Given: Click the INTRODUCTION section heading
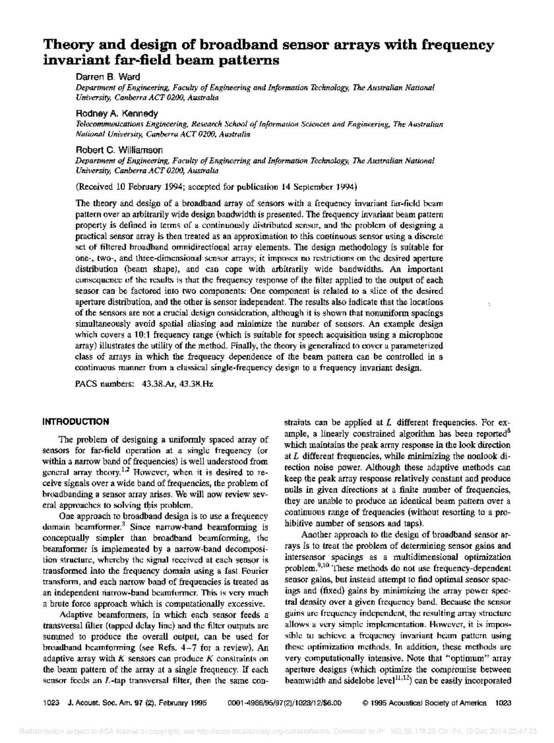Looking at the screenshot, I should pyautogui.click(x=76, y=422).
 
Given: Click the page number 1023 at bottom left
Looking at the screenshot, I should pyautogui.click(x=49, y=703).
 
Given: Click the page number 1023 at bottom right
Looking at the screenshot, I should pyautogui.click(x=503, y=703).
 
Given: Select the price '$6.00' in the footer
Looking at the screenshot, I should pyautogui.click(x=332, y=703).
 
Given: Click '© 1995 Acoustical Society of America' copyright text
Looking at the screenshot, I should pyautogui.click(x=425, y=703).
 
